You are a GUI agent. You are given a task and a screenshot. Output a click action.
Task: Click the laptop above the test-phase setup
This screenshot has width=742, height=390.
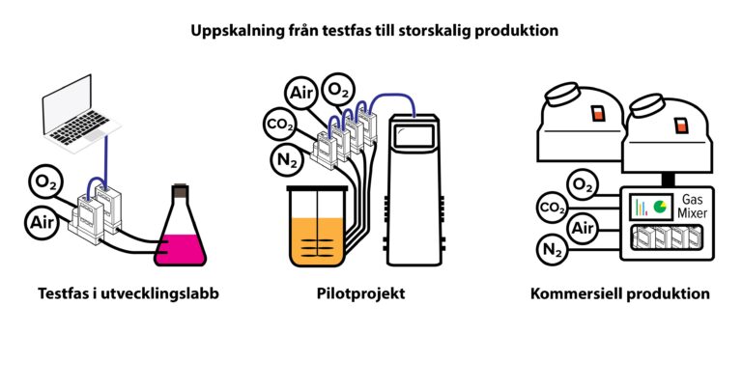coord(79,115)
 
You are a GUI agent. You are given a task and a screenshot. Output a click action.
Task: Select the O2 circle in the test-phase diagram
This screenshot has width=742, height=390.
coord(46,182)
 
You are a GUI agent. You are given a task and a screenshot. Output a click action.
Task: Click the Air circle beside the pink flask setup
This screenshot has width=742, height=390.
coord(43,222)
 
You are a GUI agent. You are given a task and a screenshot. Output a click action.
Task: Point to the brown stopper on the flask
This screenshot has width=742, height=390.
coord(181,190)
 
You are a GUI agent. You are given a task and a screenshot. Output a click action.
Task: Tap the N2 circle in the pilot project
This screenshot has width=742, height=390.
coord(287,160)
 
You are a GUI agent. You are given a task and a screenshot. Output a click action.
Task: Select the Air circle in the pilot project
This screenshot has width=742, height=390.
coord(301,93)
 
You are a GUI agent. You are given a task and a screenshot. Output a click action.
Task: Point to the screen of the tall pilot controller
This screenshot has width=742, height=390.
coord(414,136)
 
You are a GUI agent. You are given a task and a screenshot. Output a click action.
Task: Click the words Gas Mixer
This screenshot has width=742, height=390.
coord(693,207)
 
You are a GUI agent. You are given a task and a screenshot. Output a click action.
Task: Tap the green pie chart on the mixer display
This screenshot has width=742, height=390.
coord(659,207)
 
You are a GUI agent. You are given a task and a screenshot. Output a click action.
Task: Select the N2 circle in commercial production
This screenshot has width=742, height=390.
coord(553,249)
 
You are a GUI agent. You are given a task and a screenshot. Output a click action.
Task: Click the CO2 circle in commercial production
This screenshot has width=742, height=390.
coord(553,208)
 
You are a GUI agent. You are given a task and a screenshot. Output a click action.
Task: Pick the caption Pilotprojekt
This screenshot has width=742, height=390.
coord(360,293)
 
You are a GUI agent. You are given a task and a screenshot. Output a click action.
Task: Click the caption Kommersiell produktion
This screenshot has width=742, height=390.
coord(620,293)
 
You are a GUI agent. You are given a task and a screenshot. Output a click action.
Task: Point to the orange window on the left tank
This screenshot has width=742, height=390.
coord(598,114)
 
